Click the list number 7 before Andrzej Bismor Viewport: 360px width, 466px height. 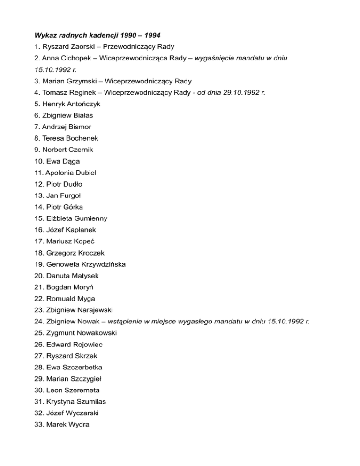tap(37, 127)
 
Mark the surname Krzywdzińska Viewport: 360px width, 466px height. tap(101, 264)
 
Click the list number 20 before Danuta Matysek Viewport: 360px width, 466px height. tap(39, 276)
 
